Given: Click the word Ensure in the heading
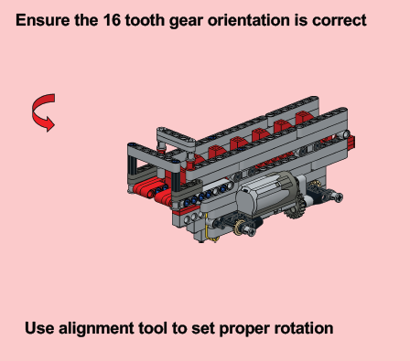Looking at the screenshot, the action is pyautogui.click(x=42, y=20).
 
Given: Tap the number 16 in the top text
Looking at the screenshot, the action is pyautogui.click(x=112, y=20).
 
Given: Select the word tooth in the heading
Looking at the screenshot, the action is pyautogui.click(x=145, y=20).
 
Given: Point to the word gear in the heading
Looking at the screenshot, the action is pyautogui.click(x=186, y=22).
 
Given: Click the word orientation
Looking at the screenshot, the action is pyautogui.click(x=248, y=20).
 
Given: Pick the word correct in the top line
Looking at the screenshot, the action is pyautogui.click(x=340, y=21).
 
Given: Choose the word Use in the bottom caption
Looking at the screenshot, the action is pyautogui.click(x=39, y=328).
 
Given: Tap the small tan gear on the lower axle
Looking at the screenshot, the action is pyautogui.click(x=239, y=227).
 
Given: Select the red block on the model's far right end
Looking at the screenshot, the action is pyautogui.click(x=351, y=143).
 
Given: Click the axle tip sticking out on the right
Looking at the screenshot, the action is pyautogui.click(x=338, y=196).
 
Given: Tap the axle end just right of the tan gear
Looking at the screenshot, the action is pyautogui.click(x=251, y=231).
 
